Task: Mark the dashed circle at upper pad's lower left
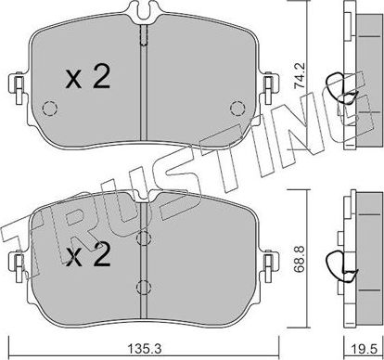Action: pyautogui.click(x=51, y=109)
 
